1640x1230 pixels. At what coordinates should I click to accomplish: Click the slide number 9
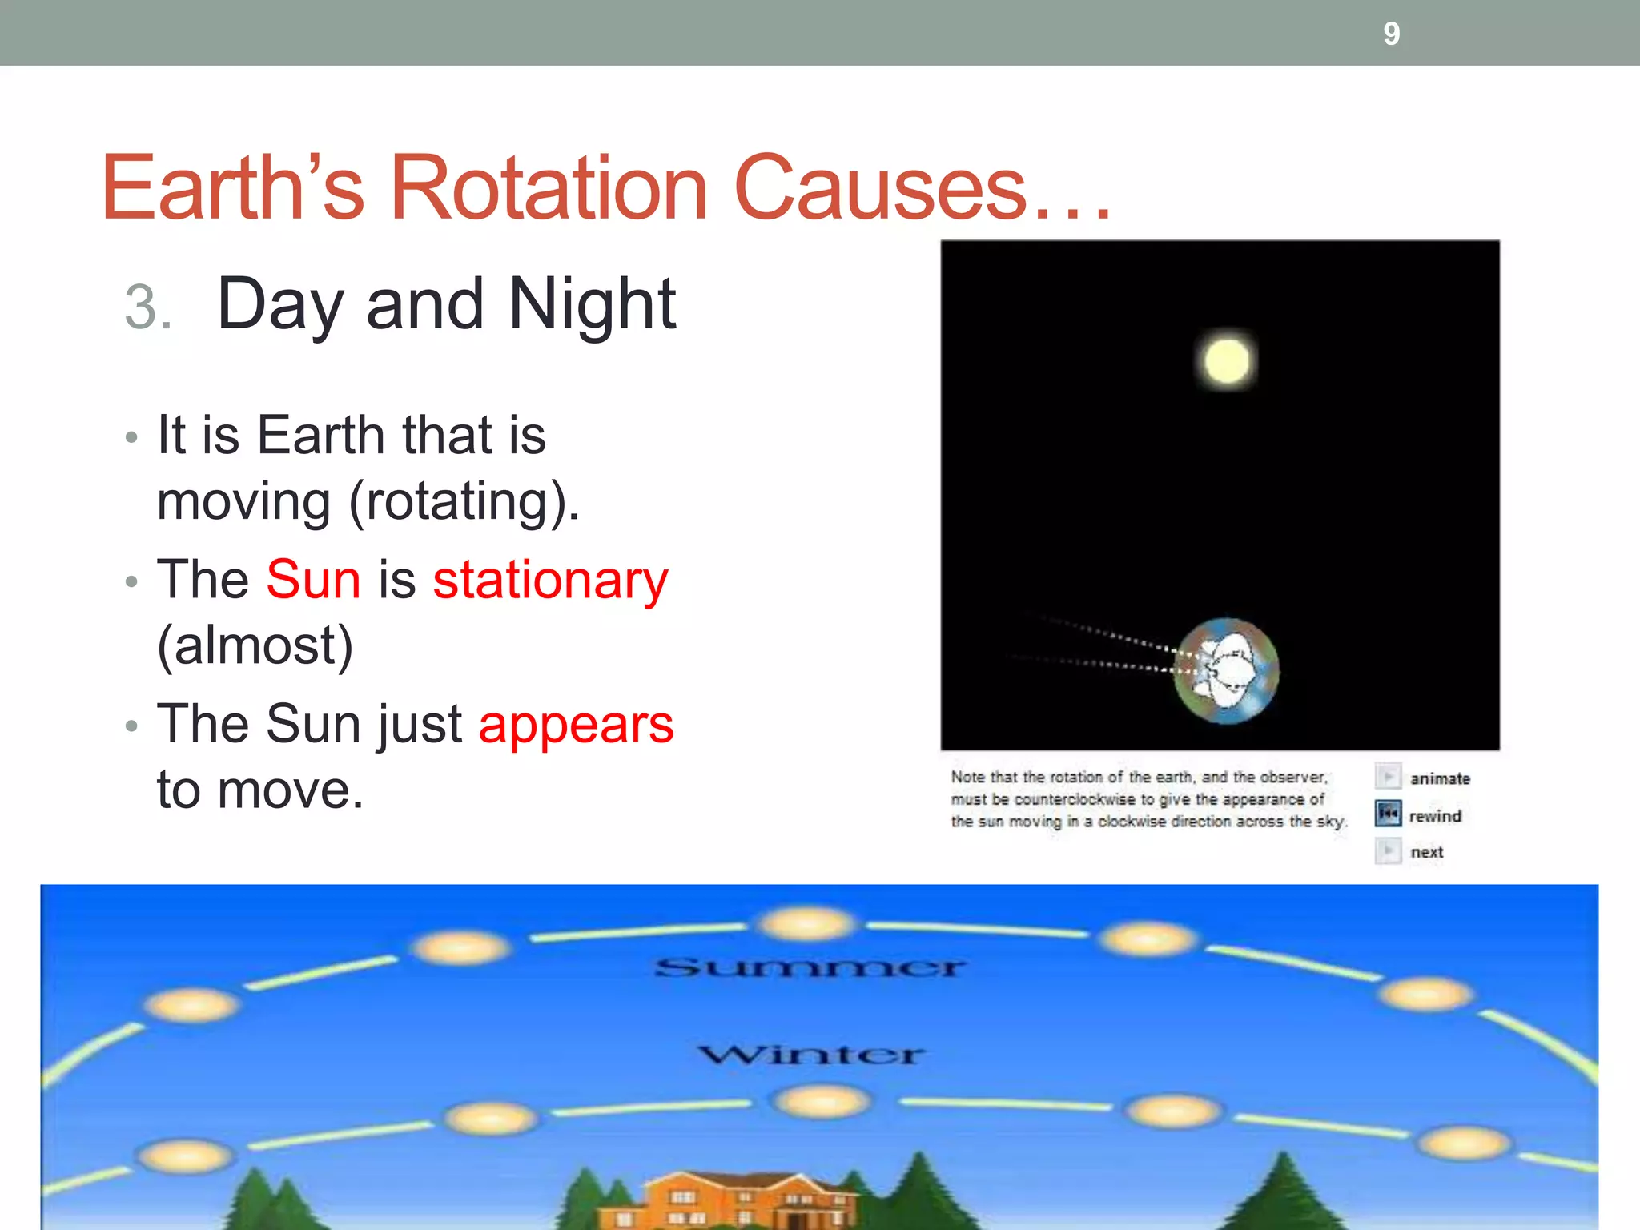pos(1391,34)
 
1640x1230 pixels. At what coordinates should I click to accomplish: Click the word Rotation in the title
pos(548,188)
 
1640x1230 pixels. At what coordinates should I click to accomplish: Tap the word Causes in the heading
pos(880,188)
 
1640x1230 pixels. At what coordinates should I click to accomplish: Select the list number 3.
pos(147,307)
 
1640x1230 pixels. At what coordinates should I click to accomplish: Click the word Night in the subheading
pos(592,304)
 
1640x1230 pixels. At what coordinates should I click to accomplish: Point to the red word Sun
pos(313,579)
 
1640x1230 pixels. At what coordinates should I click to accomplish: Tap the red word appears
pos(576,726)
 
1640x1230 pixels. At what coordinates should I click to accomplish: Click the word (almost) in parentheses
pos(255,645)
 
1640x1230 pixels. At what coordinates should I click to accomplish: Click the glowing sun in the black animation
pos(1226,361)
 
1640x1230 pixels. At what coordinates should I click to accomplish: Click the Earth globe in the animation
pos(1226,671)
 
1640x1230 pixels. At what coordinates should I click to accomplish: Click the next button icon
pos(1388,850)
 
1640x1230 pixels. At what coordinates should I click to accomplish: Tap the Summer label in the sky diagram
pos(810,967)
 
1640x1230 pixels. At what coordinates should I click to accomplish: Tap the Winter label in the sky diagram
pos(810,1054)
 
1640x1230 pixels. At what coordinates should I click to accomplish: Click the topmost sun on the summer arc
pos(806,923)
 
